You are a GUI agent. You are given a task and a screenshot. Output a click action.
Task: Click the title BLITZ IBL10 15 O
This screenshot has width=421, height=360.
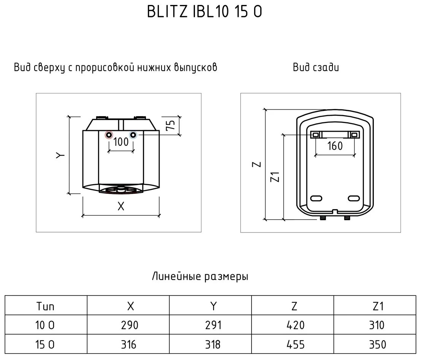[204, 12]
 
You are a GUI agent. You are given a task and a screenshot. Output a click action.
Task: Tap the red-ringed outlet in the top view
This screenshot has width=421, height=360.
[109, 135]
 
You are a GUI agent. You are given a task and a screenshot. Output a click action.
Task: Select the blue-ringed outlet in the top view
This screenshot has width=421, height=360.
[133, 135]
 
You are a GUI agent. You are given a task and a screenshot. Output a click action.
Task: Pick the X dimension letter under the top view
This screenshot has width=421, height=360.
[121, 206]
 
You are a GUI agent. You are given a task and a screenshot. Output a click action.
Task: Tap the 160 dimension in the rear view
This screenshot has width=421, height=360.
[335, 146]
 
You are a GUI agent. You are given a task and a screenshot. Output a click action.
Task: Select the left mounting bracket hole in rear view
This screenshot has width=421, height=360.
[316, 134]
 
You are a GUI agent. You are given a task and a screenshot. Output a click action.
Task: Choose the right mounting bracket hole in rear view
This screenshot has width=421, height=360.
[354, 134]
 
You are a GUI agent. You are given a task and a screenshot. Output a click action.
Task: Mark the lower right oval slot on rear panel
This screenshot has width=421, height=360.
[354, 198]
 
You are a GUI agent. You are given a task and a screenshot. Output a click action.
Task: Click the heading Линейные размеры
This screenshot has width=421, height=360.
[200, 276]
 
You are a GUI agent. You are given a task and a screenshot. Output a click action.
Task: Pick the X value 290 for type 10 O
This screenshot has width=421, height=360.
[130, 325]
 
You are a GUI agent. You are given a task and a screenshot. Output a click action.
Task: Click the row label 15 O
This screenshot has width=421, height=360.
[46, 344]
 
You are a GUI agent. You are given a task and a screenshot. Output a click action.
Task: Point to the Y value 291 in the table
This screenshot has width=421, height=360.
[212, 325]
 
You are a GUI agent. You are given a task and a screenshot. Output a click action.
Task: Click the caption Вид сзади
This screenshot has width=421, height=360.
[316, 68]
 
